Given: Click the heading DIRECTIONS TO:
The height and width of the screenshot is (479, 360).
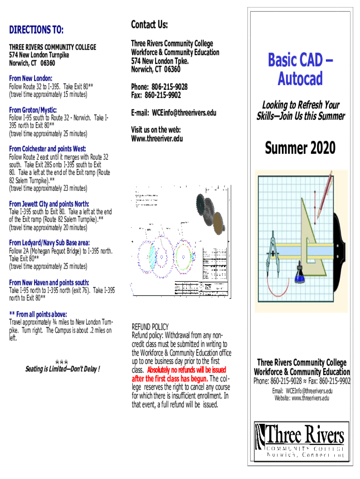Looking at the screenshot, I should (36, 30).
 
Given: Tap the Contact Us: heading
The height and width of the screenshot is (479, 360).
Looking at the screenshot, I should (149, 24).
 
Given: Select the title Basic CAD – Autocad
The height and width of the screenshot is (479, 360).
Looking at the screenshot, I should (300, 70).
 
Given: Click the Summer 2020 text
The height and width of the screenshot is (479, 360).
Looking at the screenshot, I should (300, 148).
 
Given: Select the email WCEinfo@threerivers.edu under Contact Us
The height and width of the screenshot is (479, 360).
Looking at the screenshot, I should (182, 113).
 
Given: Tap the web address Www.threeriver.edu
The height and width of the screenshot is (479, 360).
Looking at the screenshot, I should (157, 138).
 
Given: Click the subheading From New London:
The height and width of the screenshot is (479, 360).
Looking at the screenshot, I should (30, 79).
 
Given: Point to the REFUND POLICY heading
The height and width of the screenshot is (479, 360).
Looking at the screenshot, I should (150, 327).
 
